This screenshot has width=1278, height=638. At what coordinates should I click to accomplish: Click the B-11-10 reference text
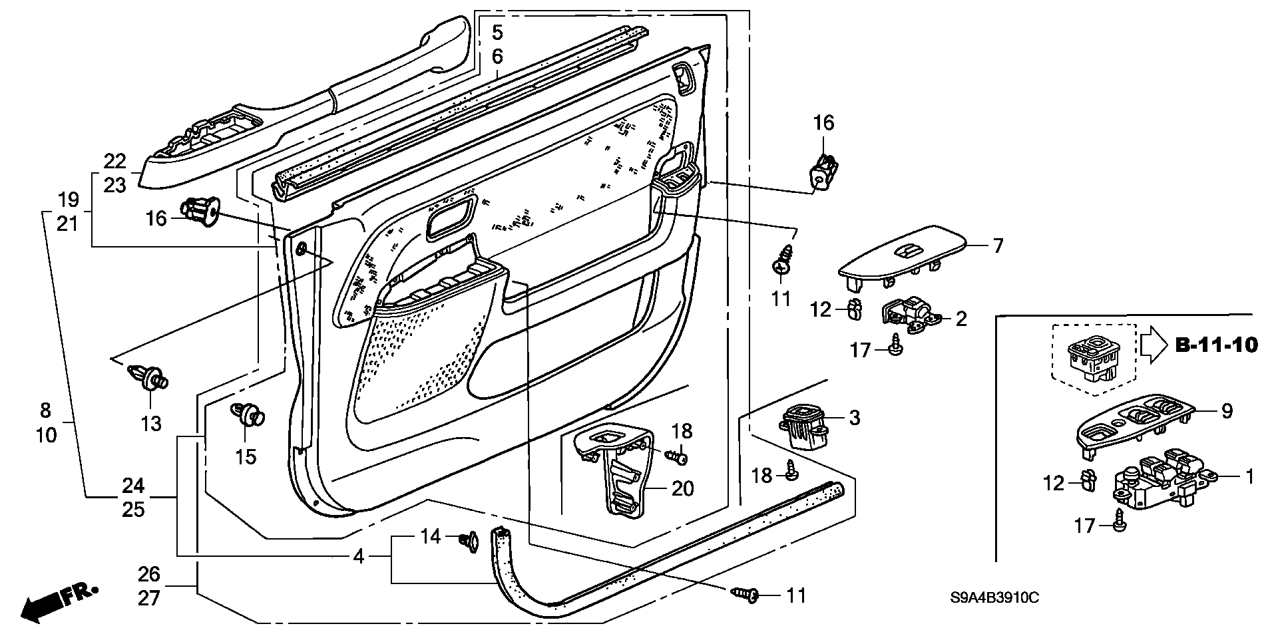click(x=1216, y=345)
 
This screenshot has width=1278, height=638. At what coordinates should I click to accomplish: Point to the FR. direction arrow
click(x=60, y=603)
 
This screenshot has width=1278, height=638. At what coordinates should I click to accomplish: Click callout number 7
click(x=997, y=246)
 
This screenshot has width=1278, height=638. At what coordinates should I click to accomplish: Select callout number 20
click(x=683, y=489)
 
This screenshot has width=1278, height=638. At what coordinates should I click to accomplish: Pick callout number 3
click(x=855, y=418)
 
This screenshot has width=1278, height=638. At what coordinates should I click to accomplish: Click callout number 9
click(x=1227, y=411)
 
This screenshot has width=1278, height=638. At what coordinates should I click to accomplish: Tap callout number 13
click(x=152, y=423)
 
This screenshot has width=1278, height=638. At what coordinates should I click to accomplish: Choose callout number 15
click(x=246, y=456)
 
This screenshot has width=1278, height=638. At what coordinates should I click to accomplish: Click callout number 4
click(x=359, y=556)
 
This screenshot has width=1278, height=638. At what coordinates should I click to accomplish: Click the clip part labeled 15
click(x=248, y=414)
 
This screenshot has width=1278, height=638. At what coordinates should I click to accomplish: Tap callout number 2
click(x=960, y=319)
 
